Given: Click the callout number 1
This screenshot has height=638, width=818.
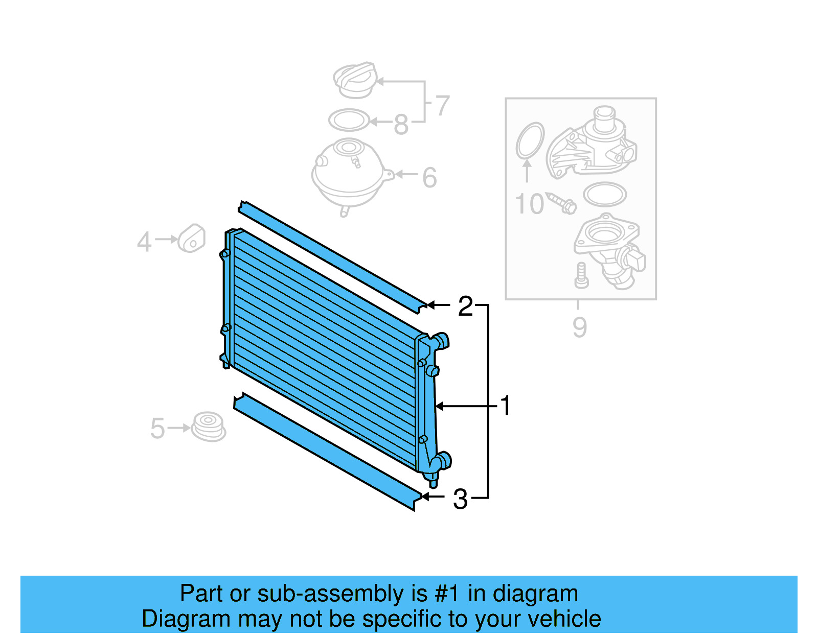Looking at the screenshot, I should tap(505, 406).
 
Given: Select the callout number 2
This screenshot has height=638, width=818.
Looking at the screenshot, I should tap(465, 306).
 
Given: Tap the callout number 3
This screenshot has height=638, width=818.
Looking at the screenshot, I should tap(460, 499).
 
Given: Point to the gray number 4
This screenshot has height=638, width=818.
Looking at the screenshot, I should tap(144, 242).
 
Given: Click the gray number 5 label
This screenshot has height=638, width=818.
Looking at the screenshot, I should tap(157, 428).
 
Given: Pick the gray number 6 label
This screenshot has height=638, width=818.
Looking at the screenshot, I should tap(429, 178).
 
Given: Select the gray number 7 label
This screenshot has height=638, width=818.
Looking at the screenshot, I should tap(442, 106).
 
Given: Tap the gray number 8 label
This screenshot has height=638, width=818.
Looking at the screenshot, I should tap(401, 124).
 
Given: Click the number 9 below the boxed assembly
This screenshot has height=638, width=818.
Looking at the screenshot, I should tap(579, 327).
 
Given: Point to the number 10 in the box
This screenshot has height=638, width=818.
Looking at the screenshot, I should tap(529, 204).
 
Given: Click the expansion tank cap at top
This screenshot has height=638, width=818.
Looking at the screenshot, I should tap(355, 80).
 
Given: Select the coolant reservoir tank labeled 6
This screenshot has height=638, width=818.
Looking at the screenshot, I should tap(348, 174).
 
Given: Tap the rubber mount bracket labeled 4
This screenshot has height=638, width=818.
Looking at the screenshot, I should tap(192, 239).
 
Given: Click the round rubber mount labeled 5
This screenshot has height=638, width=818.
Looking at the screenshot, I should tap(209, 427).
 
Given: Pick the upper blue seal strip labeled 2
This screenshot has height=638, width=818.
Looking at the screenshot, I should tap(332, 255).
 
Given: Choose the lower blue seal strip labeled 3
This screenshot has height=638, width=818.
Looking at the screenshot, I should tap(327, 452).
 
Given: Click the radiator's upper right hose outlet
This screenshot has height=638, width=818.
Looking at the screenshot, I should tap(441, 340).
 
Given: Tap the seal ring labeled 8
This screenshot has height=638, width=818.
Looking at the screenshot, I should tap(349, 121).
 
